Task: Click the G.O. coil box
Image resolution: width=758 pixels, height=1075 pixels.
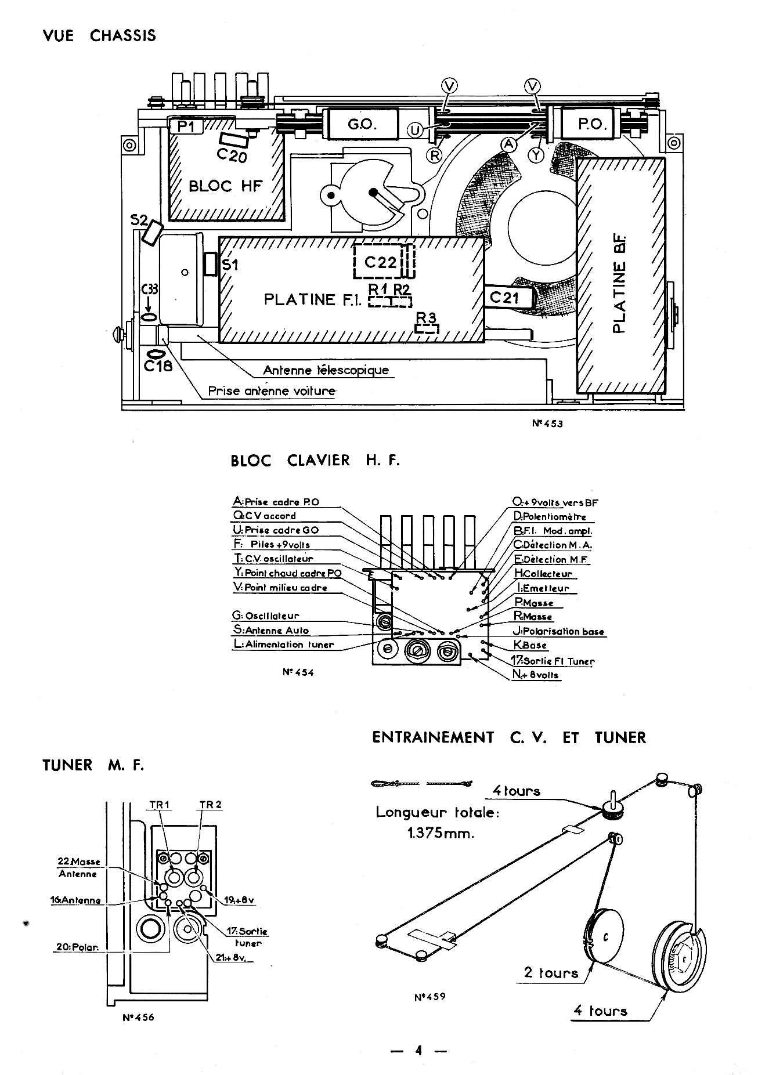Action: [363, 124]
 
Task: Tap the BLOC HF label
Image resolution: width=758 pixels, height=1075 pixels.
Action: [225, 186]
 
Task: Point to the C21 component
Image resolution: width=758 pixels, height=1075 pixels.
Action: [508, 298]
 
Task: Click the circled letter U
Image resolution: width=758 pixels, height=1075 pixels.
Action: [415, 131]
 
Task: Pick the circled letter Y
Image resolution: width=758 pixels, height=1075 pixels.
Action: [536, 154]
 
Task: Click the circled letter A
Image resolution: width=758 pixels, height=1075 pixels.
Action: [509, 144]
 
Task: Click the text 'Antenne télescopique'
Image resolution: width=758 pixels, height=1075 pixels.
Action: [326, 370]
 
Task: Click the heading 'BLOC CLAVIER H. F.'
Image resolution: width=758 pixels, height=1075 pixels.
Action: [315, 461]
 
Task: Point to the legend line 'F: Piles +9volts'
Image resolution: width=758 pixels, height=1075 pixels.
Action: [272, 544]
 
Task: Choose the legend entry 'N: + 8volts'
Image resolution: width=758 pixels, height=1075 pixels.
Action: [536, 675]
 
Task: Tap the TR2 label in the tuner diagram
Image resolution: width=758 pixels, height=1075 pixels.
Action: [210, 805]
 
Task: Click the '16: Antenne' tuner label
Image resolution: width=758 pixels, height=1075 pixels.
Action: [75, 900]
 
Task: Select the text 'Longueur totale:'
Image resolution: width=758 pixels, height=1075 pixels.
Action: [438, 812]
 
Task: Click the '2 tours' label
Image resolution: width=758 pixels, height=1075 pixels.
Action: [551, 973]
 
